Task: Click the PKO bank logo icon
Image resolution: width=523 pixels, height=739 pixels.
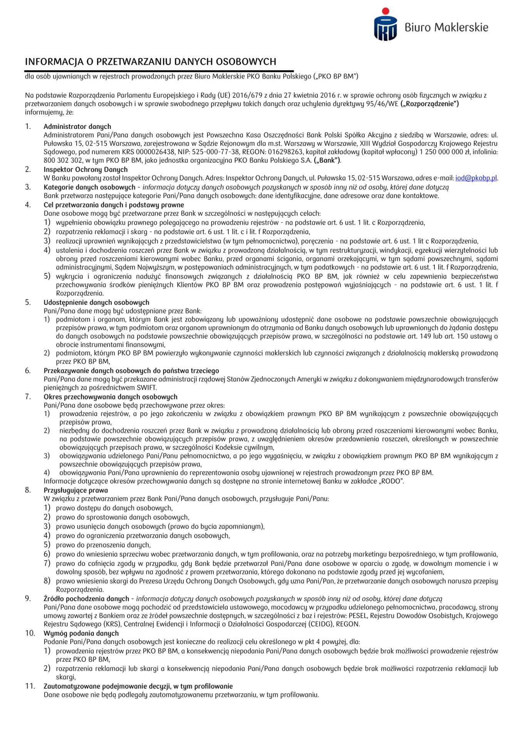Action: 385,25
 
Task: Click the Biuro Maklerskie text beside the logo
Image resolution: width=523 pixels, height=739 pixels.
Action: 446,27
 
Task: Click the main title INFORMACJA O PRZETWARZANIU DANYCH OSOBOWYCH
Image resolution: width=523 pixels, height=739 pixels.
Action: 151,62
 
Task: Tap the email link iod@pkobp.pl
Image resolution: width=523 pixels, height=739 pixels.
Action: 476,178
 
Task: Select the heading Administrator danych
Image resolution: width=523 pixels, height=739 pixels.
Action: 77,126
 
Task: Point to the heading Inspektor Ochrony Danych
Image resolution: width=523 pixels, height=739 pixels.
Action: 85,169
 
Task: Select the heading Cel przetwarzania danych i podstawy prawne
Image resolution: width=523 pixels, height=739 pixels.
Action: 114,205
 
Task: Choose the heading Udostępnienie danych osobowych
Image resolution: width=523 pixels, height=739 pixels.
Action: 96,302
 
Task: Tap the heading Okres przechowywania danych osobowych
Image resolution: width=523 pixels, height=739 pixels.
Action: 111,396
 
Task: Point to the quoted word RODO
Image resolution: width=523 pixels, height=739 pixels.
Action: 391,481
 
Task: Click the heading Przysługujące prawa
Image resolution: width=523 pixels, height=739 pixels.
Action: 75,490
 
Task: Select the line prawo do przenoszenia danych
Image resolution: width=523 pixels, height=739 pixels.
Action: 103,545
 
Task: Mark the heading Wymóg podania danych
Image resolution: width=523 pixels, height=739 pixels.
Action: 81,633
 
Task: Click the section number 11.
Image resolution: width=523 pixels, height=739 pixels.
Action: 30,686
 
